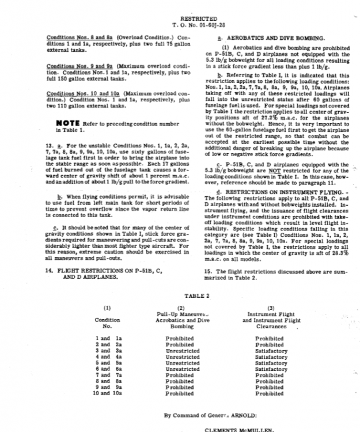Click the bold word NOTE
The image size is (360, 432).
click(x=71, y=123)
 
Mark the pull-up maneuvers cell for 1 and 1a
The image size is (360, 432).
click(x=180, y=338)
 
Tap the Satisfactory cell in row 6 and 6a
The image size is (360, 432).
click(x=271, y=369)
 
